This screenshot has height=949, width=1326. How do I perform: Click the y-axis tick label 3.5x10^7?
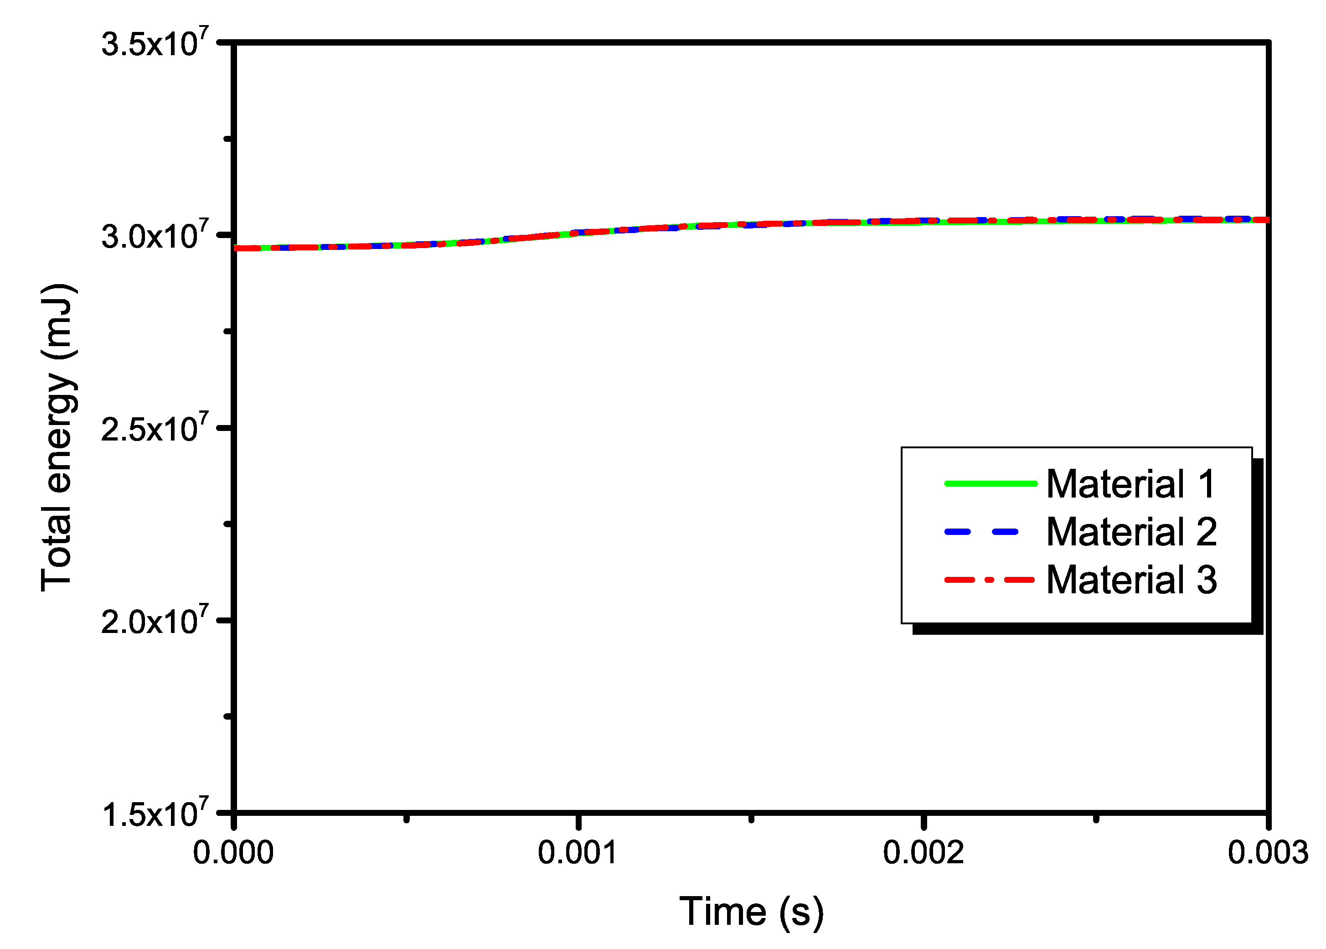point(155,43)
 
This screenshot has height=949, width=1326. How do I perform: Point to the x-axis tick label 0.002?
point(923,853)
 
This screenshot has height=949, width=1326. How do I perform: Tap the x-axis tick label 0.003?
point(1268,853)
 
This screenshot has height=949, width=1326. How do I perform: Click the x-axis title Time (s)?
point(751,912)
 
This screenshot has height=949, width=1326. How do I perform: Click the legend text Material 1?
point(1131,484)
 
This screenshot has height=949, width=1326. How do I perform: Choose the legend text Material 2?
point(1131,532)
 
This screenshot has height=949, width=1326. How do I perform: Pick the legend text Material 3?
point(1131,580)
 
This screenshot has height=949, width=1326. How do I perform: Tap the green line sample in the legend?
point(991,483)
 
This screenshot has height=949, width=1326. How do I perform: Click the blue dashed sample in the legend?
point(981,532)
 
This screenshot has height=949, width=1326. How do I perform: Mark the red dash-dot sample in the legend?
point(990,580)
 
